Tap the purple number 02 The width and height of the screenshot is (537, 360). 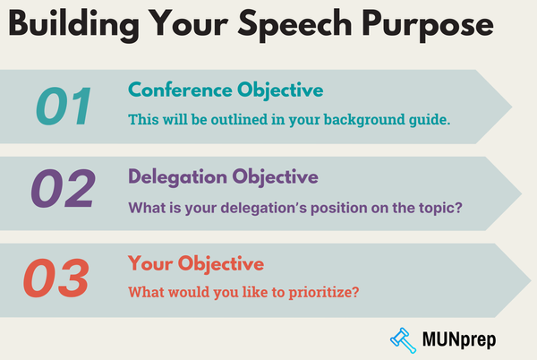coord(64,190)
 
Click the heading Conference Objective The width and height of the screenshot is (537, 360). coord(227,90)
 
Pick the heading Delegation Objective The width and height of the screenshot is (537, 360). coord(223,176)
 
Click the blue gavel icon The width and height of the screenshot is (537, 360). coord(404,339)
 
